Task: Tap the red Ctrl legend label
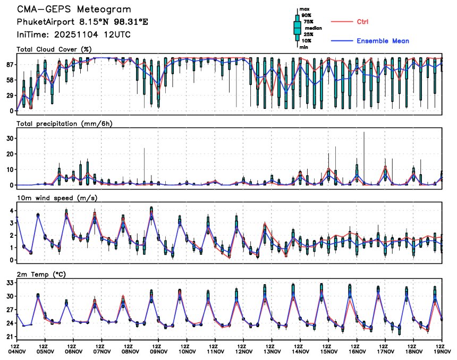(x=362, y=22)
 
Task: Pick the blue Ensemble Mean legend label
(x=383, y=41)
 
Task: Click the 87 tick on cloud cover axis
(x=9, y=65)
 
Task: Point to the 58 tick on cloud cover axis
(x=9, y=80)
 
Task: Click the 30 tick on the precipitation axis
(x=9, y=138)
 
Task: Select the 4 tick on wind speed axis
(x=11, y=211)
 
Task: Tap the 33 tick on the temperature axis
(x=9, y=283)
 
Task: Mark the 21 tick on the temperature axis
(x=9, y=337)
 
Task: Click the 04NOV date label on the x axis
(x=17, y=350)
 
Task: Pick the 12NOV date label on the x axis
(x=244, y=350)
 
